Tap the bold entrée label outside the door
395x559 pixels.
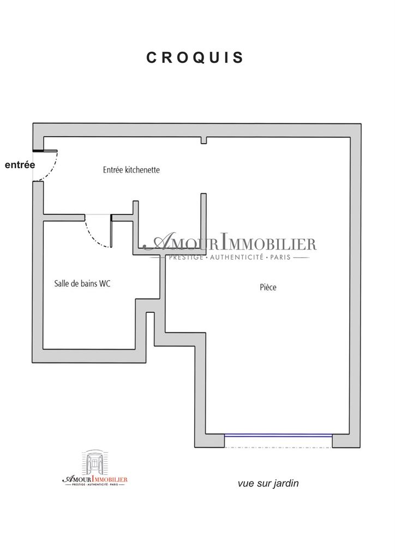[20, 165]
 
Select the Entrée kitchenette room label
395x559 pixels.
[131, 170]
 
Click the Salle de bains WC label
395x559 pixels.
[82, 283]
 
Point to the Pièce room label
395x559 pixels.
[268, 287]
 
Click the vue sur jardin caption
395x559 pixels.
[268, 484]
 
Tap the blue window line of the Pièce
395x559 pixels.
[278, 435]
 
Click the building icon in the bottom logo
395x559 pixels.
[95, 462]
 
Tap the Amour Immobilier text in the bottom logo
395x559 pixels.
[95, 479]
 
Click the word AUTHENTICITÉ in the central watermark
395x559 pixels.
[236, 257]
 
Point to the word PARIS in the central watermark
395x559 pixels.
[280, 257]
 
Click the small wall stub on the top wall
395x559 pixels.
[204, 140]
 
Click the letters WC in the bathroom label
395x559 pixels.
[105, 283]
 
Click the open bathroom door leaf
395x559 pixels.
[111, 231]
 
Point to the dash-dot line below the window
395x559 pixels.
[278, 448]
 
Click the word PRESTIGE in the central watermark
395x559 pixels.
[186, 257]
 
